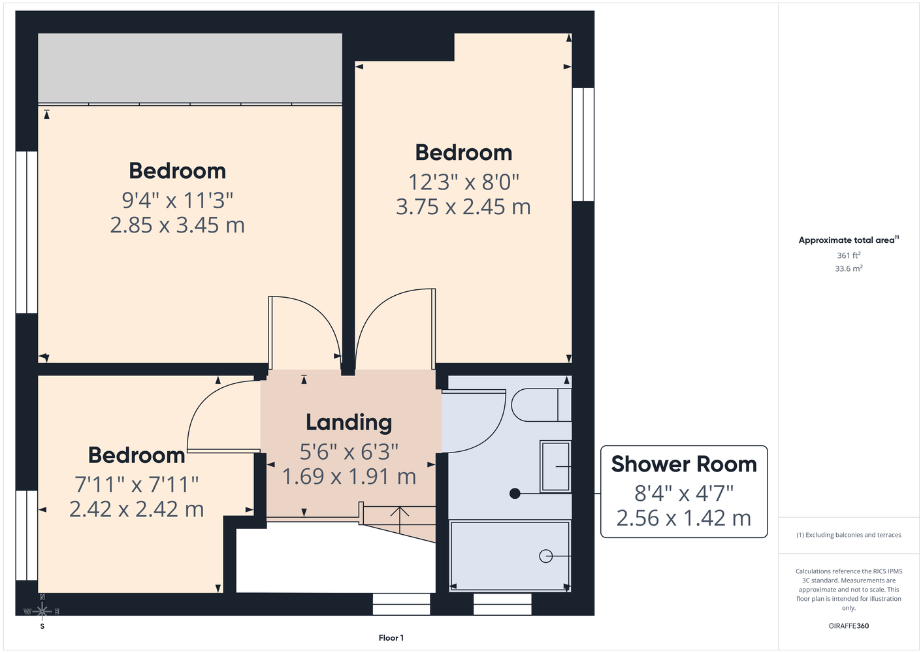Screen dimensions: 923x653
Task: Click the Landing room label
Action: click(349, 422)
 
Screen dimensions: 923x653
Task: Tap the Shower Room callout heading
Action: click(684, 464)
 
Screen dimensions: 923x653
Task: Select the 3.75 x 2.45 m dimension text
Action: click(463, 207)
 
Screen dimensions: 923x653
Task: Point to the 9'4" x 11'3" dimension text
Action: click(177, 200)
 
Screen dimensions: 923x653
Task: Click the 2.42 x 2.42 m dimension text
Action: click(137, 509)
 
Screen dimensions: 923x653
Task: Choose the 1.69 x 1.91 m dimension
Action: click(349, 477)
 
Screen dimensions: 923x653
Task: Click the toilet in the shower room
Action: click(541, 405)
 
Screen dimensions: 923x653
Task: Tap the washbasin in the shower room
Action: click(555, 467)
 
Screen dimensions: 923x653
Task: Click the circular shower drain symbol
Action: click(545, 556)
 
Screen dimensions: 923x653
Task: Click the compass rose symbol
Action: click(42, 611)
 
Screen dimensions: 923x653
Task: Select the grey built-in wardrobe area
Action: click(190, 68)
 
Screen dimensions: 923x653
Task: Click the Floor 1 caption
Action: click(391, 638)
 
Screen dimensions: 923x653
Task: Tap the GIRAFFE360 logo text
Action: click(849, 626)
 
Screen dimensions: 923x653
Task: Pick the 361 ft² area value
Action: click(849, 255)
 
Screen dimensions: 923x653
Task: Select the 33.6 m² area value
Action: click(849, 268)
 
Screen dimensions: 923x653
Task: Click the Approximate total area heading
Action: click(849, 240)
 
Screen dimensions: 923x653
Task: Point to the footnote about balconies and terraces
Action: click(849, 535)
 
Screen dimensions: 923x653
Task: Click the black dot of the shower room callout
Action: click(515, 494)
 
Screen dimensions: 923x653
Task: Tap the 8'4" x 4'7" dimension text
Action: click(684, 494)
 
